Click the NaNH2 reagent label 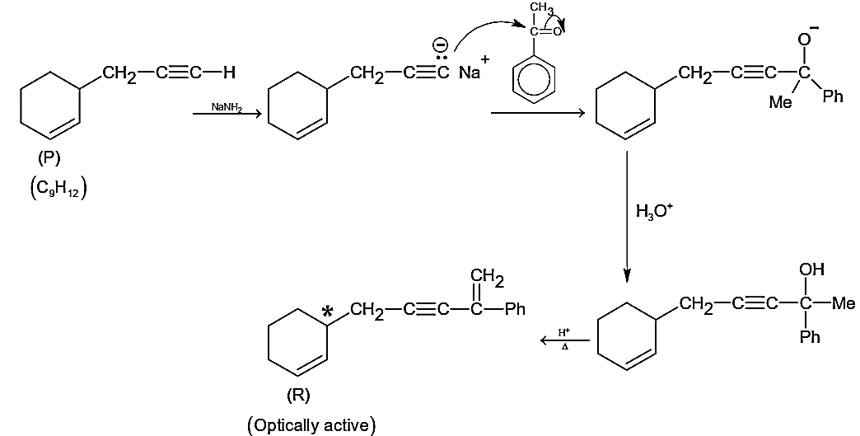[226, 107]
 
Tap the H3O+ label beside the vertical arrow [652, 211]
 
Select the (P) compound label [49, 158]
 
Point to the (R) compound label [298, 396]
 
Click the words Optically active [311, 425]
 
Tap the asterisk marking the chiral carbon [327, 312]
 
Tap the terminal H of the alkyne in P [229, 72]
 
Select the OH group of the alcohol [811, 270]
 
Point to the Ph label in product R [515, 310]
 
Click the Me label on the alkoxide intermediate [780, 102]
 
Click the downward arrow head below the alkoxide [628, 276]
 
